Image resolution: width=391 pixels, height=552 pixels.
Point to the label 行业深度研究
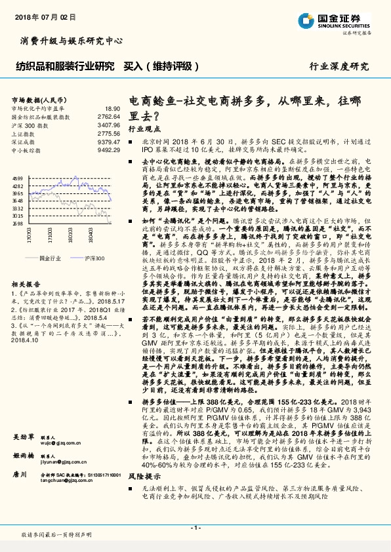click(339, 66)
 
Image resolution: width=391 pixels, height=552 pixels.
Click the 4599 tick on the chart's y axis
click(18, 178)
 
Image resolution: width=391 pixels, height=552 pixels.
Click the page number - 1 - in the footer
click(195, 528)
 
